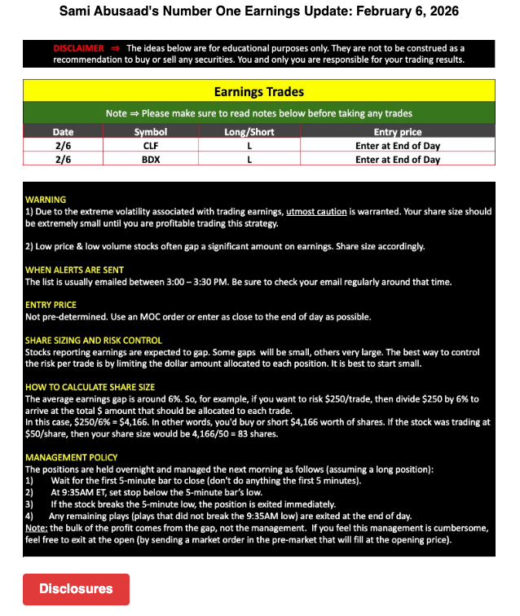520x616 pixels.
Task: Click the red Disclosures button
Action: click(76, 588)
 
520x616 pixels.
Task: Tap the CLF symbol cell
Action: click(150, 146)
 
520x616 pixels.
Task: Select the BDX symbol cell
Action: click(150, 160)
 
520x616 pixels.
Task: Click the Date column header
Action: click(63, 132)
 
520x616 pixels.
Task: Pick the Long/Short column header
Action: click(249, 132)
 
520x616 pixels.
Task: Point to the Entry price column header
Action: click(397, 132)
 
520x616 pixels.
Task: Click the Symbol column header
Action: click(150, 132)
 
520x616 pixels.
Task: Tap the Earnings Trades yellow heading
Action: click(258, 92)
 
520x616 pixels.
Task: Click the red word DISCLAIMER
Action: click(78, 49)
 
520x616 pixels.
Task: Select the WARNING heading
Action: click(46, 200)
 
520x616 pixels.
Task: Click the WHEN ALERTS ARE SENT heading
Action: click(75, 270)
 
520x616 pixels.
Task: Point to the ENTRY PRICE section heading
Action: click(51, 305)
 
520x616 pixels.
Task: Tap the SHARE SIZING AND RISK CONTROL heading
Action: click(94, 340)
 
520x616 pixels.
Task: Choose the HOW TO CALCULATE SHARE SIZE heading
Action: click(90, 387)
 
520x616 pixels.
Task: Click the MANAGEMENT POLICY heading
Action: click(71, 457)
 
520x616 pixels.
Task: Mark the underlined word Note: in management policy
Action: click(37, 528)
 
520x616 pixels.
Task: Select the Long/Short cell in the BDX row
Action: click(249, 160)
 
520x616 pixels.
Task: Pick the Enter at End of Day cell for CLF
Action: click(397, 146)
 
